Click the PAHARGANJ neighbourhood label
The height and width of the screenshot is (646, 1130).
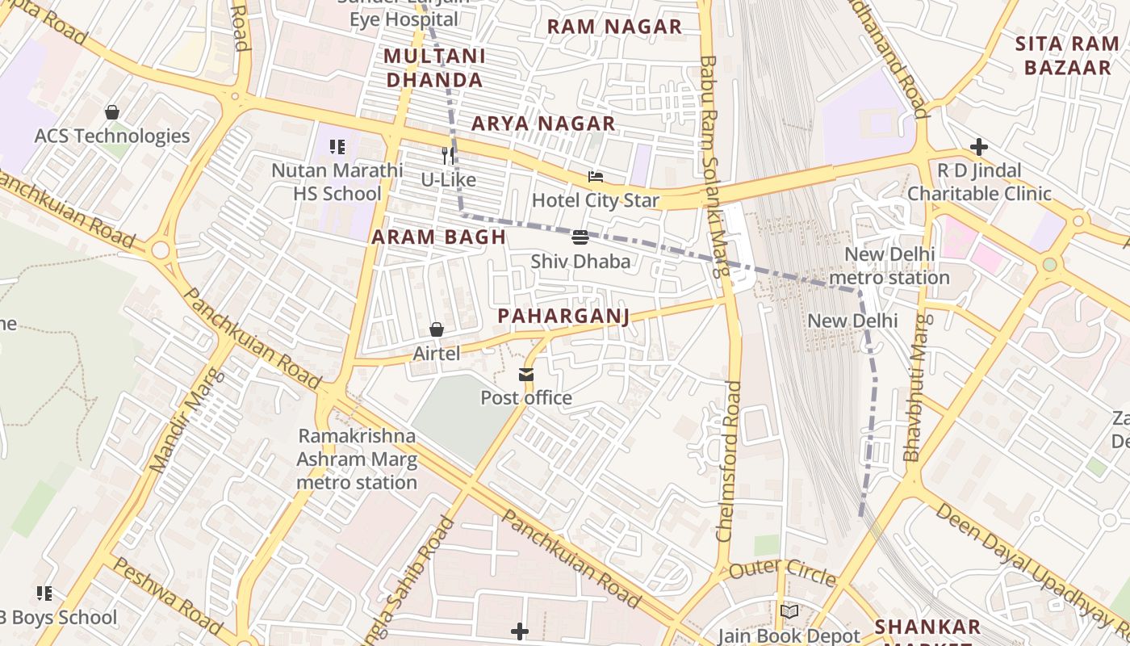pyautogui.click(x=563, y=316)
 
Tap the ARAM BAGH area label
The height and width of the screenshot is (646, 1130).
pyautogui.click(x=438, y=237)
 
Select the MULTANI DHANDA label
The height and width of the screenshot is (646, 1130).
pyautogui.click(x=434, y=68)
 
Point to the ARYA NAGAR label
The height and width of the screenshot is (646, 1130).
pyautogui.click(x=543, y=124)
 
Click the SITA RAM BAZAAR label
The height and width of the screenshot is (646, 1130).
pyautogui.click(x=1067, y=56)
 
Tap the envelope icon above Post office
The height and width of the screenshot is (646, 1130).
pyautogui.click(x=526, y=375)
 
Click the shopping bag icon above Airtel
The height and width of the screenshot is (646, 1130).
pyautogui.click(x=437, y=329)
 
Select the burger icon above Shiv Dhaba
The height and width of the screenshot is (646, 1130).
pyautogui.click(x=580, y=237)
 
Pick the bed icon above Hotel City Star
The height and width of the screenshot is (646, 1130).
pyautogui.click(x=596, y=177)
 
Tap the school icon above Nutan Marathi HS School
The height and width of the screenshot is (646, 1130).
pyautogui.click(x=337, y=147)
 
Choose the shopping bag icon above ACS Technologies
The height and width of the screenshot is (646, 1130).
pyautogui.click(x=112, y=112)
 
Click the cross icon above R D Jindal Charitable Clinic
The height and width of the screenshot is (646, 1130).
pyautogui.click(x=979, y=147)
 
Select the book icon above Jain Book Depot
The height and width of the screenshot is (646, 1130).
pyautogui.click(x=789, y=612)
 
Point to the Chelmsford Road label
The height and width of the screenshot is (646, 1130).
pyautogui.click(x=728, y=461)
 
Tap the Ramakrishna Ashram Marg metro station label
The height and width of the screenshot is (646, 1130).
pyautogui.click(x=357, y=459)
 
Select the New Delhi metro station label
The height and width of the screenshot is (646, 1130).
pyautogui.click(x=889, y=266)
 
